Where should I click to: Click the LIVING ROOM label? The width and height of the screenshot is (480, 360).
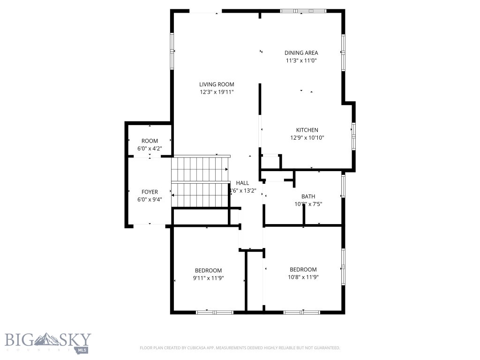(216, 84)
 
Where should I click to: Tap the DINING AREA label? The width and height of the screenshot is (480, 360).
(301, 53)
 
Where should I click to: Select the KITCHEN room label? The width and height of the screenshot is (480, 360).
(307, 130)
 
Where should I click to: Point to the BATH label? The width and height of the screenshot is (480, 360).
(308, 196)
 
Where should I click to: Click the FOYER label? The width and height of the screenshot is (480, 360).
(150, 192)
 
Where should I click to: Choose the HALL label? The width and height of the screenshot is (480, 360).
(242, 183)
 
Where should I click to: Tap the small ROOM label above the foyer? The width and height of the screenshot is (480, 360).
(150, 141)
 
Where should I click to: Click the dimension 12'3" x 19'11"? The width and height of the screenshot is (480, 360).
(216, 92)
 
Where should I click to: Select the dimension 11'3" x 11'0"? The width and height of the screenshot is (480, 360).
(301, 60)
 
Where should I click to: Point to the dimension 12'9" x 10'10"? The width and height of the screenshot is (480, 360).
(307, 138)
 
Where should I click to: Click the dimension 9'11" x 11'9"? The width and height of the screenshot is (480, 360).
(208, 278)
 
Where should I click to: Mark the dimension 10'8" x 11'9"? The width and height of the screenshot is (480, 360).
(303, 277)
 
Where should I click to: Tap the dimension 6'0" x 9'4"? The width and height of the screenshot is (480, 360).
(150, 200)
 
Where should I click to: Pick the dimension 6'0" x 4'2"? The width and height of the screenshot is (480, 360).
(150, 149)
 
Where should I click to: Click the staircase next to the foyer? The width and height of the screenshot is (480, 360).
(200, 182)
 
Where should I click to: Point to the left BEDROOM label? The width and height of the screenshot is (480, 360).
(208, 270)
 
